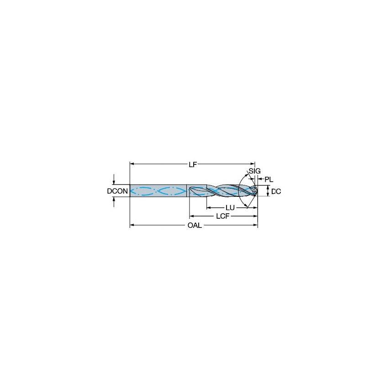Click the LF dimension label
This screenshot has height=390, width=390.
tap(193, 164)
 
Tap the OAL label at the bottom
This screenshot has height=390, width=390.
tap(194, 225)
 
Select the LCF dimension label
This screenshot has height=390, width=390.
tap(222, 216)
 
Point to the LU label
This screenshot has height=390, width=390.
tap(230, 207)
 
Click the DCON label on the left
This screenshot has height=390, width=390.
tap(117, 191)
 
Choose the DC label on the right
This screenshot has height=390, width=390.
tap(276, 192)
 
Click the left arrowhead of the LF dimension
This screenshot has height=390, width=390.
tap(132, 164)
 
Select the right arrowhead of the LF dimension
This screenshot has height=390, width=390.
tap(253, 164)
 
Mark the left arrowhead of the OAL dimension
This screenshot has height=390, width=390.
tap(132, 225)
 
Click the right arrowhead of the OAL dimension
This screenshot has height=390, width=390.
tap(256, 225)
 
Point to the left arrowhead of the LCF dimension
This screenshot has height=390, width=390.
tap(191, 216)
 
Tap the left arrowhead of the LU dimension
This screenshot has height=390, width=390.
tap(208, 207)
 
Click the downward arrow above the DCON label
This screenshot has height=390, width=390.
tap(114, 182)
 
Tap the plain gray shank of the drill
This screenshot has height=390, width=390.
tap(158, 190)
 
